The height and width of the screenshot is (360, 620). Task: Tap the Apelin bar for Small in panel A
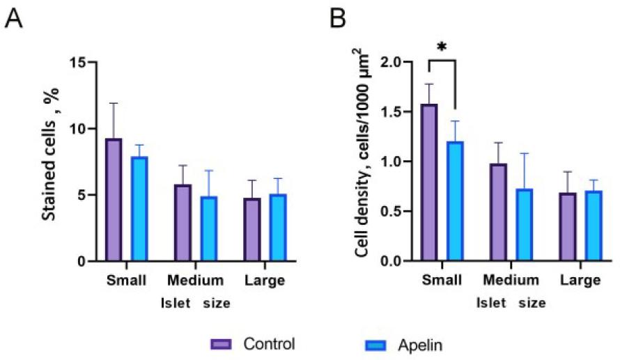tap(139, 209)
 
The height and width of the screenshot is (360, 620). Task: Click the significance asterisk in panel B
tap(441, 47)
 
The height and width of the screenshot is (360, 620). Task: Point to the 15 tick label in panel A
tap(81, 63)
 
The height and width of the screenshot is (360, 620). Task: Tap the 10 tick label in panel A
tap(81, 129)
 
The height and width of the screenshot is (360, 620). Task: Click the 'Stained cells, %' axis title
tap(49, 162)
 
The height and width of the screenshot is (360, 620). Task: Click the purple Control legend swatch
tap(222, 344)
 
